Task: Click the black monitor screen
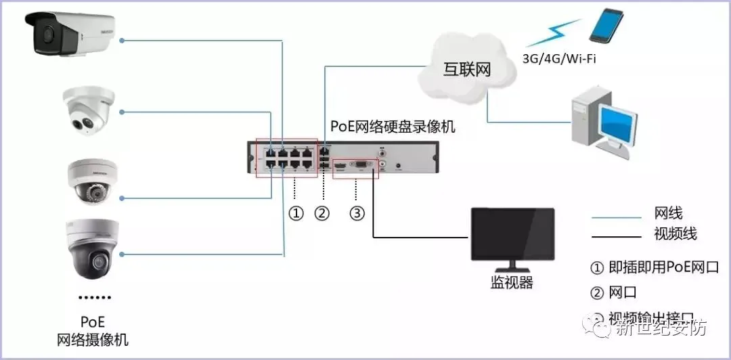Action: click(512, 233)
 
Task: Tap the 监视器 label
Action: click(512, 283)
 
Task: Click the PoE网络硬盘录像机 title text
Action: click(393, 127)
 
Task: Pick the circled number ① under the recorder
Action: click(296, 213)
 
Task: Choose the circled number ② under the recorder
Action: click(322, 213)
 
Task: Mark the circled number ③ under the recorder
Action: click(357, 213)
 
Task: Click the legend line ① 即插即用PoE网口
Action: click(654, 267)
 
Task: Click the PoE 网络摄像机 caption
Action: click(93, 330)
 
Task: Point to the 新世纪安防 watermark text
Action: click(660, 328)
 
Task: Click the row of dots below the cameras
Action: click(95, 298)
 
